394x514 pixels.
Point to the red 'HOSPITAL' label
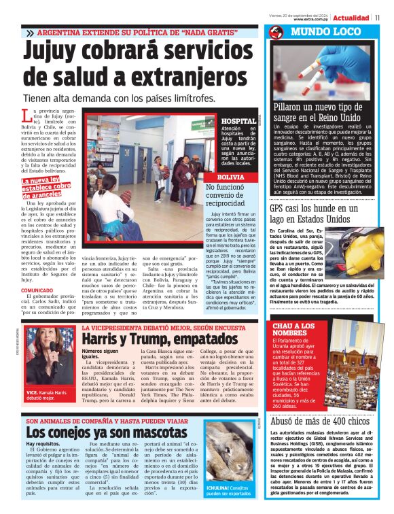coord(238,121)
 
